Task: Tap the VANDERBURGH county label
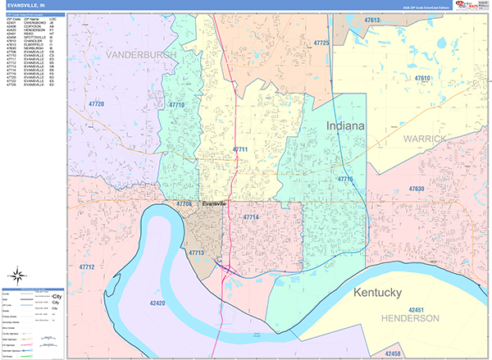tap(141, 54)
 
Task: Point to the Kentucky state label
tap(387, 292)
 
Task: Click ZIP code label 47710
tap(176, 105)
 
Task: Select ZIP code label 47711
tap(239, 149)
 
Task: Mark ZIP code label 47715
tap(344, 178)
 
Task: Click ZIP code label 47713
tap(196, 253)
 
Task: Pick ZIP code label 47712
tap(88, 267)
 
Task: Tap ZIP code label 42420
tap(158, 303)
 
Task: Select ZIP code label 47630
tap(417, 189)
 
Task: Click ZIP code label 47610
tap(423, 78)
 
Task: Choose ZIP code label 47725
tap(321, 43)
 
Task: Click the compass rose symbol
tap(19, 276)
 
